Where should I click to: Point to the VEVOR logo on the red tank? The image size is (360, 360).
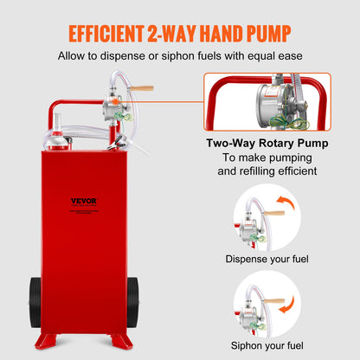(84, 202)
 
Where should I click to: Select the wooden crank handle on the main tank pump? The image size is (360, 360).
(142, 88)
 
